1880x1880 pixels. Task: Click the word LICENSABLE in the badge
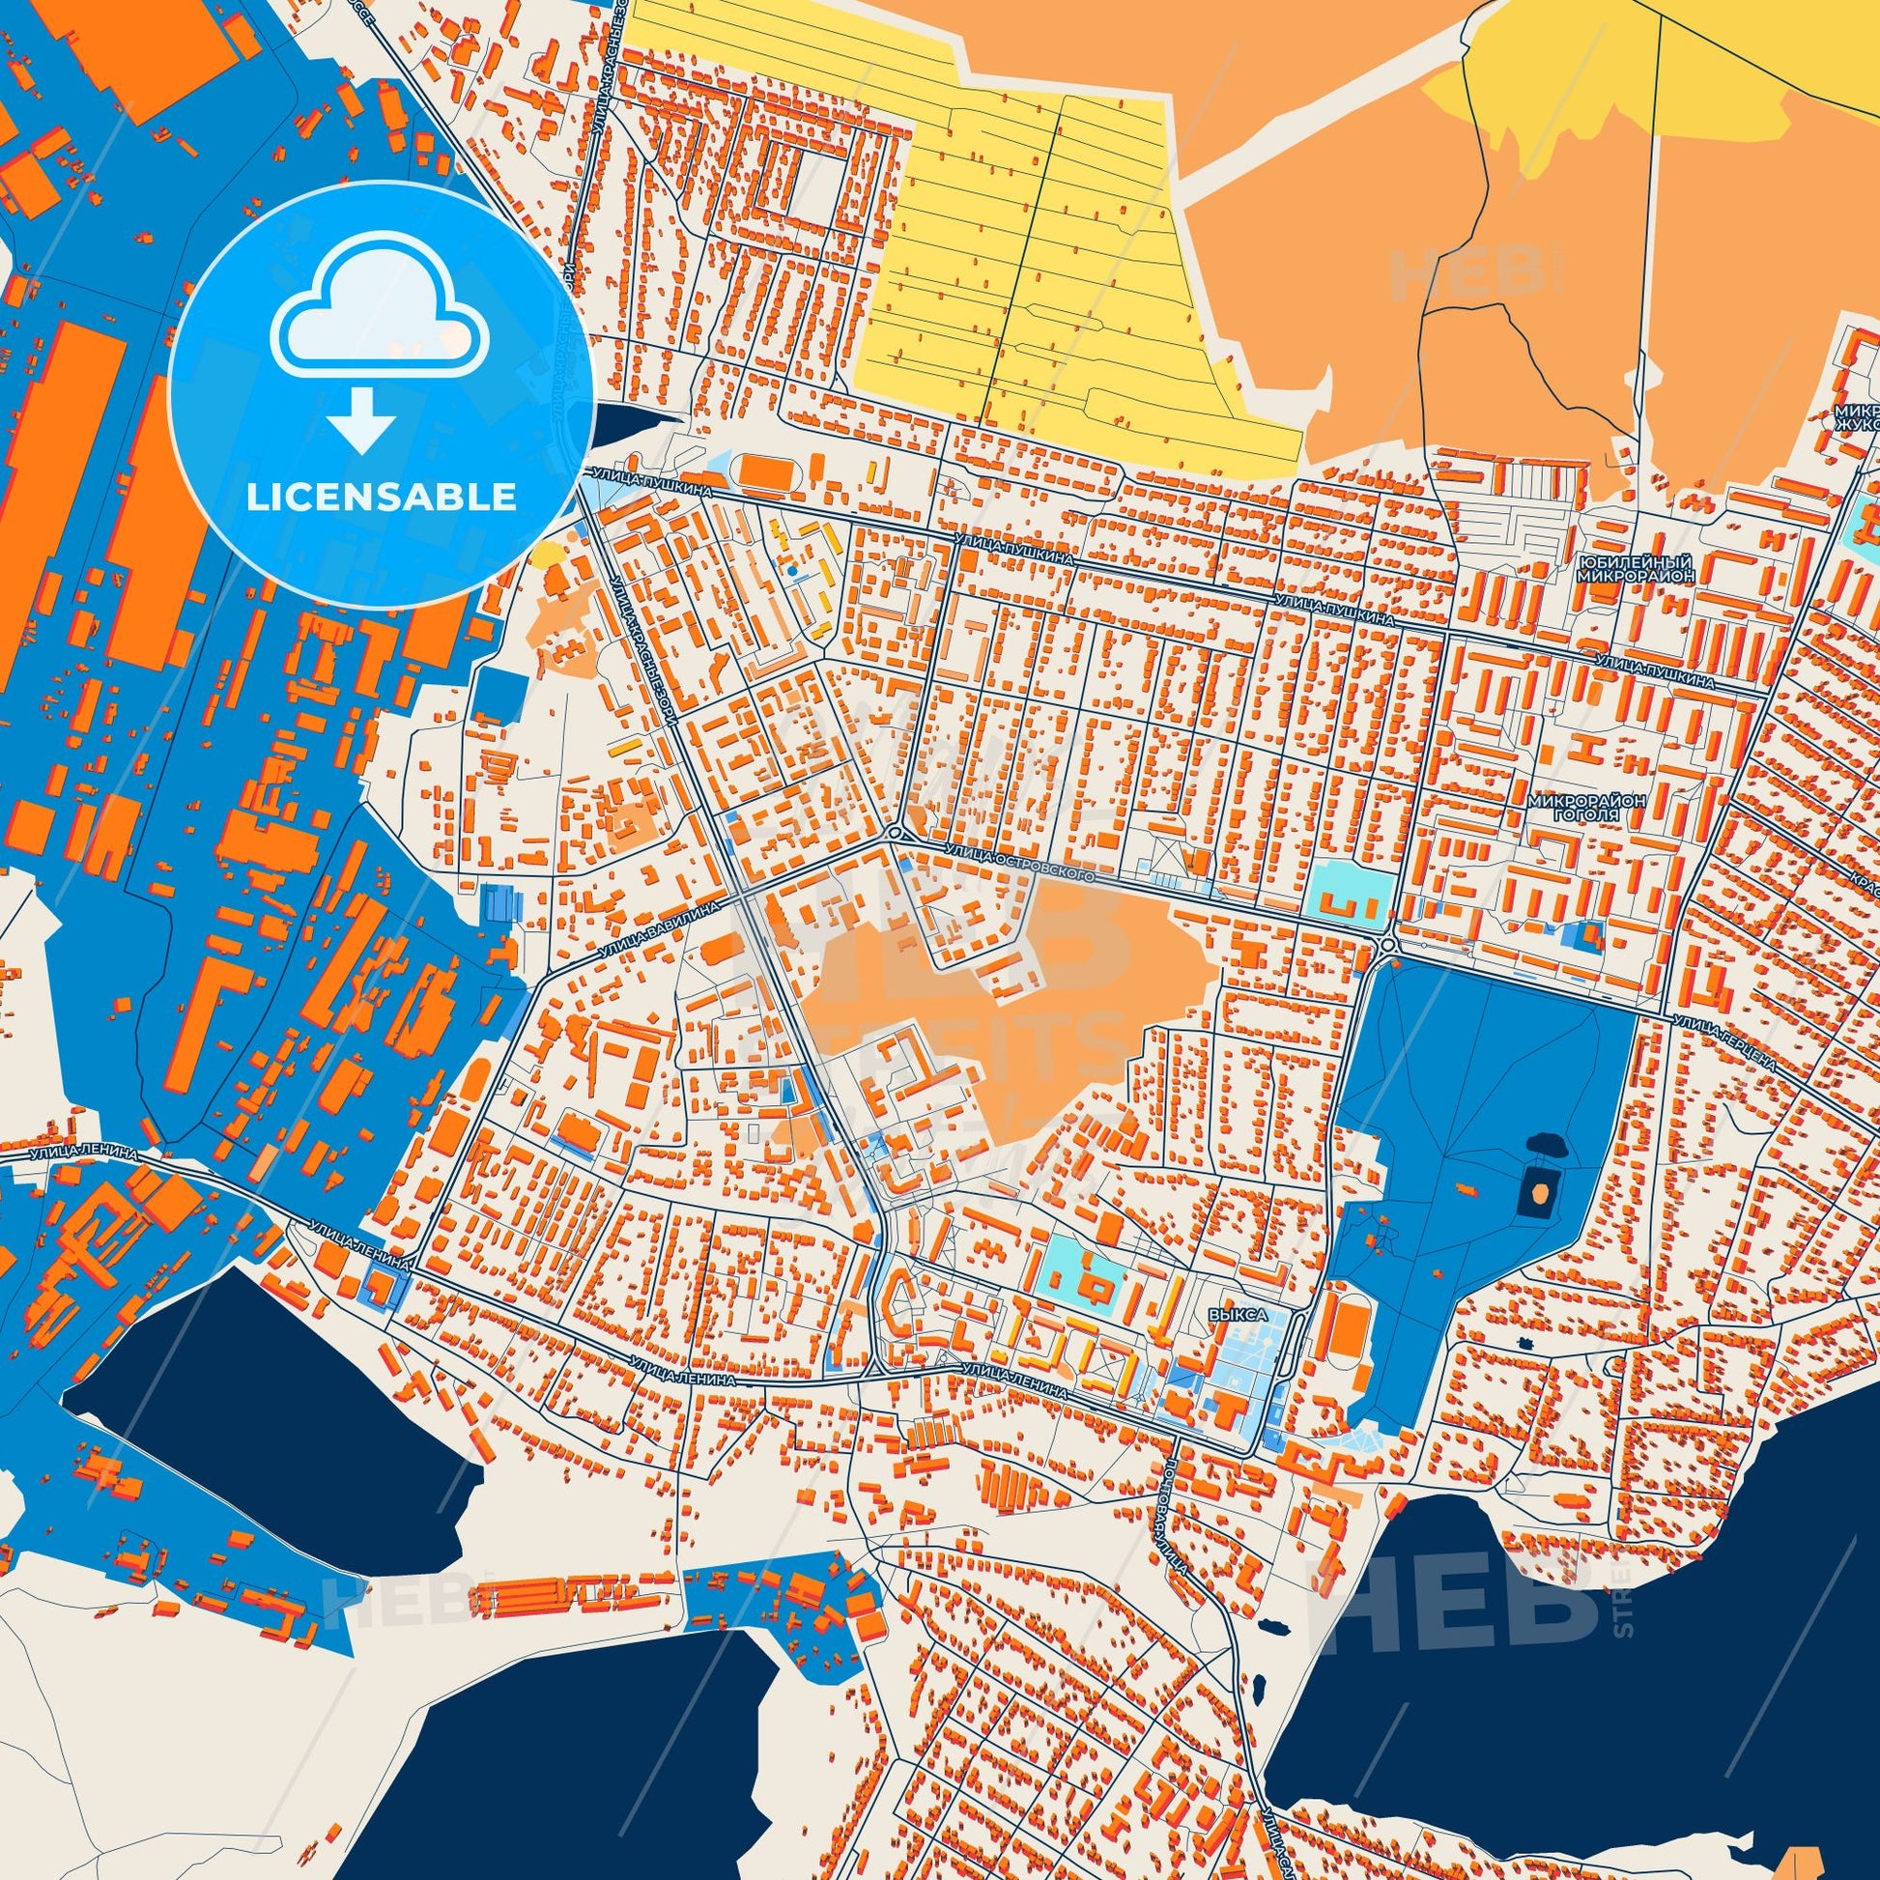pos(381,498)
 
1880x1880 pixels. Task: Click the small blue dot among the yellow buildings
pos(794,569)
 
